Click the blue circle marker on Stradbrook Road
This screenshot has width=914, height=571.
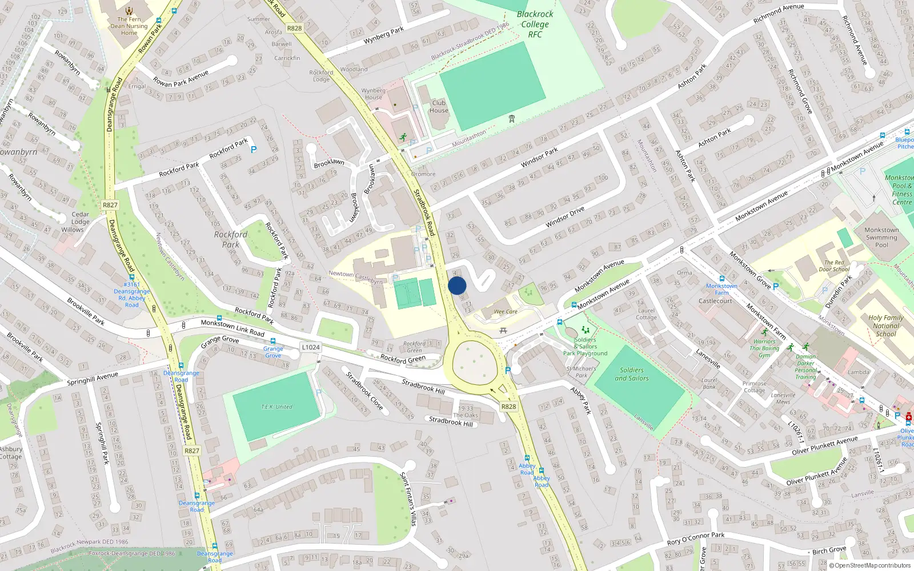tap(457, 285)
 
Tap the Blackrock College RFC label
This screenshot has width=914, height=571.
tap(535, 24)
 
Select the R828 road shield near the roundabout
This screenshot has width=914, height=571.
tap(508, 407)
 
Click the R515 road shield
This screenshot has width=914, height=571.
tap(294, 28)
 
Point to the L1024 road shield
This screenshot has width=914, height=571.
tap(311, 347)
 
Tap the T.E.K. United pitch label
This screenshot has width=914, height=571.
tap(276, 407)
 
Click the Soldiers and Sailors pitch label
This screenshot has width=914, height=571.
tap(631, 374)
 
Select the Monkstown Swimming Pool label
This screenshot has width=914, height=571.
tap(881, 237)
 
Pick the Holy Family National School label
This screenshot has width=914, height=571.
tap(885, 325)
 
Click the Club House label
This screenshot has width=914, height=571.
tap(439, 107)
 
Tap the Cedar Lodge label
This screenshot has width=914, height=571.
tap(80, 218)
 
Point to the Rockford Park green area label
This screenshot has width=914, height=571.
tap(231, 239)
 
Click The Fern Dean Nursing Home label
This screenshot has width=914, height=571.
tap(129, 26)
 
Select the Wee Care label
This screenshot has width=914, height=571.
tap(506, 312)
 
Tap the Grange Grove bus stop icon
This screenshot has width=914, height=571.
tap(273, 341)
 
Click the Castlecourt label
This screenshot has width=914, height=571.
tap(715, 301)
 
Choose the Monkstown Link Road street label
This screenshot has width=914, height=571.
tap(232, 328)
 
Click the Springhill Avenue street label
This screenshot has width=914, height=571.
tap(93, 379)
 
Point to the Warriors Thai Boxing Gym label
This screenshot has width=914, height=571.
tap(764, 348)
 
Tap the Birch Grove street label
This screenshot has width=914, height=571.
tap(829, 550)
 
